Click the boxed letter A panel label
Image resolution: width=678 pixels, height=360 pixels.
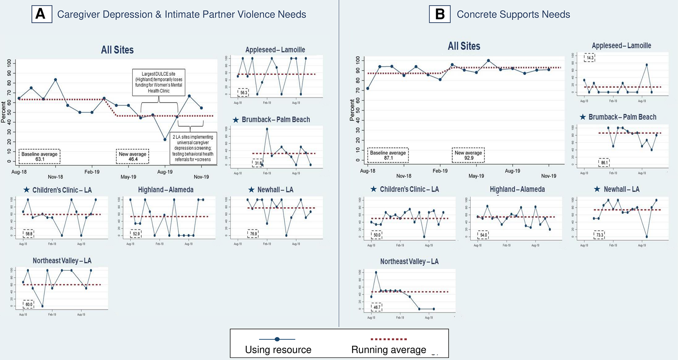point(42,14)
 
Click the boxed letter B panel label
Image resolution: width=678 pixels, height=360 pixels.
point(440,14)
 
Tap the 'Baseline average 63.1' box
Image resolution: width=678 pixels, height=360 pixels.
point(39,157)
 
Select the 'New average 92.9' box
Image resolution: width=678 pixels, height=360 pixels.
point(468,155)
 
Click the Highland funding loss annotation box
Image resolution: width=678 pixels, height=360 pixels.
point(159,82)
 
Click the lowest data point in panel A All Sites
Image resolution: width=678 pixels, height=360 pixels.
point(165,140)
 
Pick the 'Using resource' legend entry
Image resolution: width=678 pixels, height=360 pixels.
point(278,344)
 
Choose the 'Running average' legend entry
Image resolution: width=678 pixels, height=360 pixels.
point(389,344)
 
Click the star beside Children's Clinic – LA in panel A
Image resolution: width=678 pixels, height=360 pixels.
point(26,190)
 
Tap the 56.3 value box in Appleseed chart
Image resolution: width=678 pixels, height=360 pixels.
point(243,93)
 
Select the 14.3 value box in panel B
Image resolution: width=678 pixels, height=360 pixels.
point(590,58)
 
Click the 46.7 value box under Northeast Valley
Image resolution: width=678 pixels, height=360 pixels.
point(377,307)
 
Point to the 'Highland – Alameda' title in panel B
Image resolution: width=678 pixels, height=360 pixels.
point(517,189)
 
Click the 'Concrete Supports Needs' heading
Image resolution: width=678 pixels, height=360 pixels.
point(513,14)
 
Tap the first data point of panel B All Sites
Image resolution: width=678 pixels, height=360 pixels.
point(368,88)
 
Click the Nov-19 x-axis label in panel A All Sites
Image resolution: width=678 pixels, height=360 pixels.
point(201,177)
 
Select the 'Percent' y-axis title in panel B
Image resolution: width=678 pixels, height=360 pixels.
point(352,110)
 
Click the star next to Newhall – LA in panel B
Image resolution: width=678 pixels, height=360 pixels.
point(597,189)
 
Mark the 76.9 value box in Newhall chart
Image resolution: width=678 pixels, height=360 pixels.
point(253,234)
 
